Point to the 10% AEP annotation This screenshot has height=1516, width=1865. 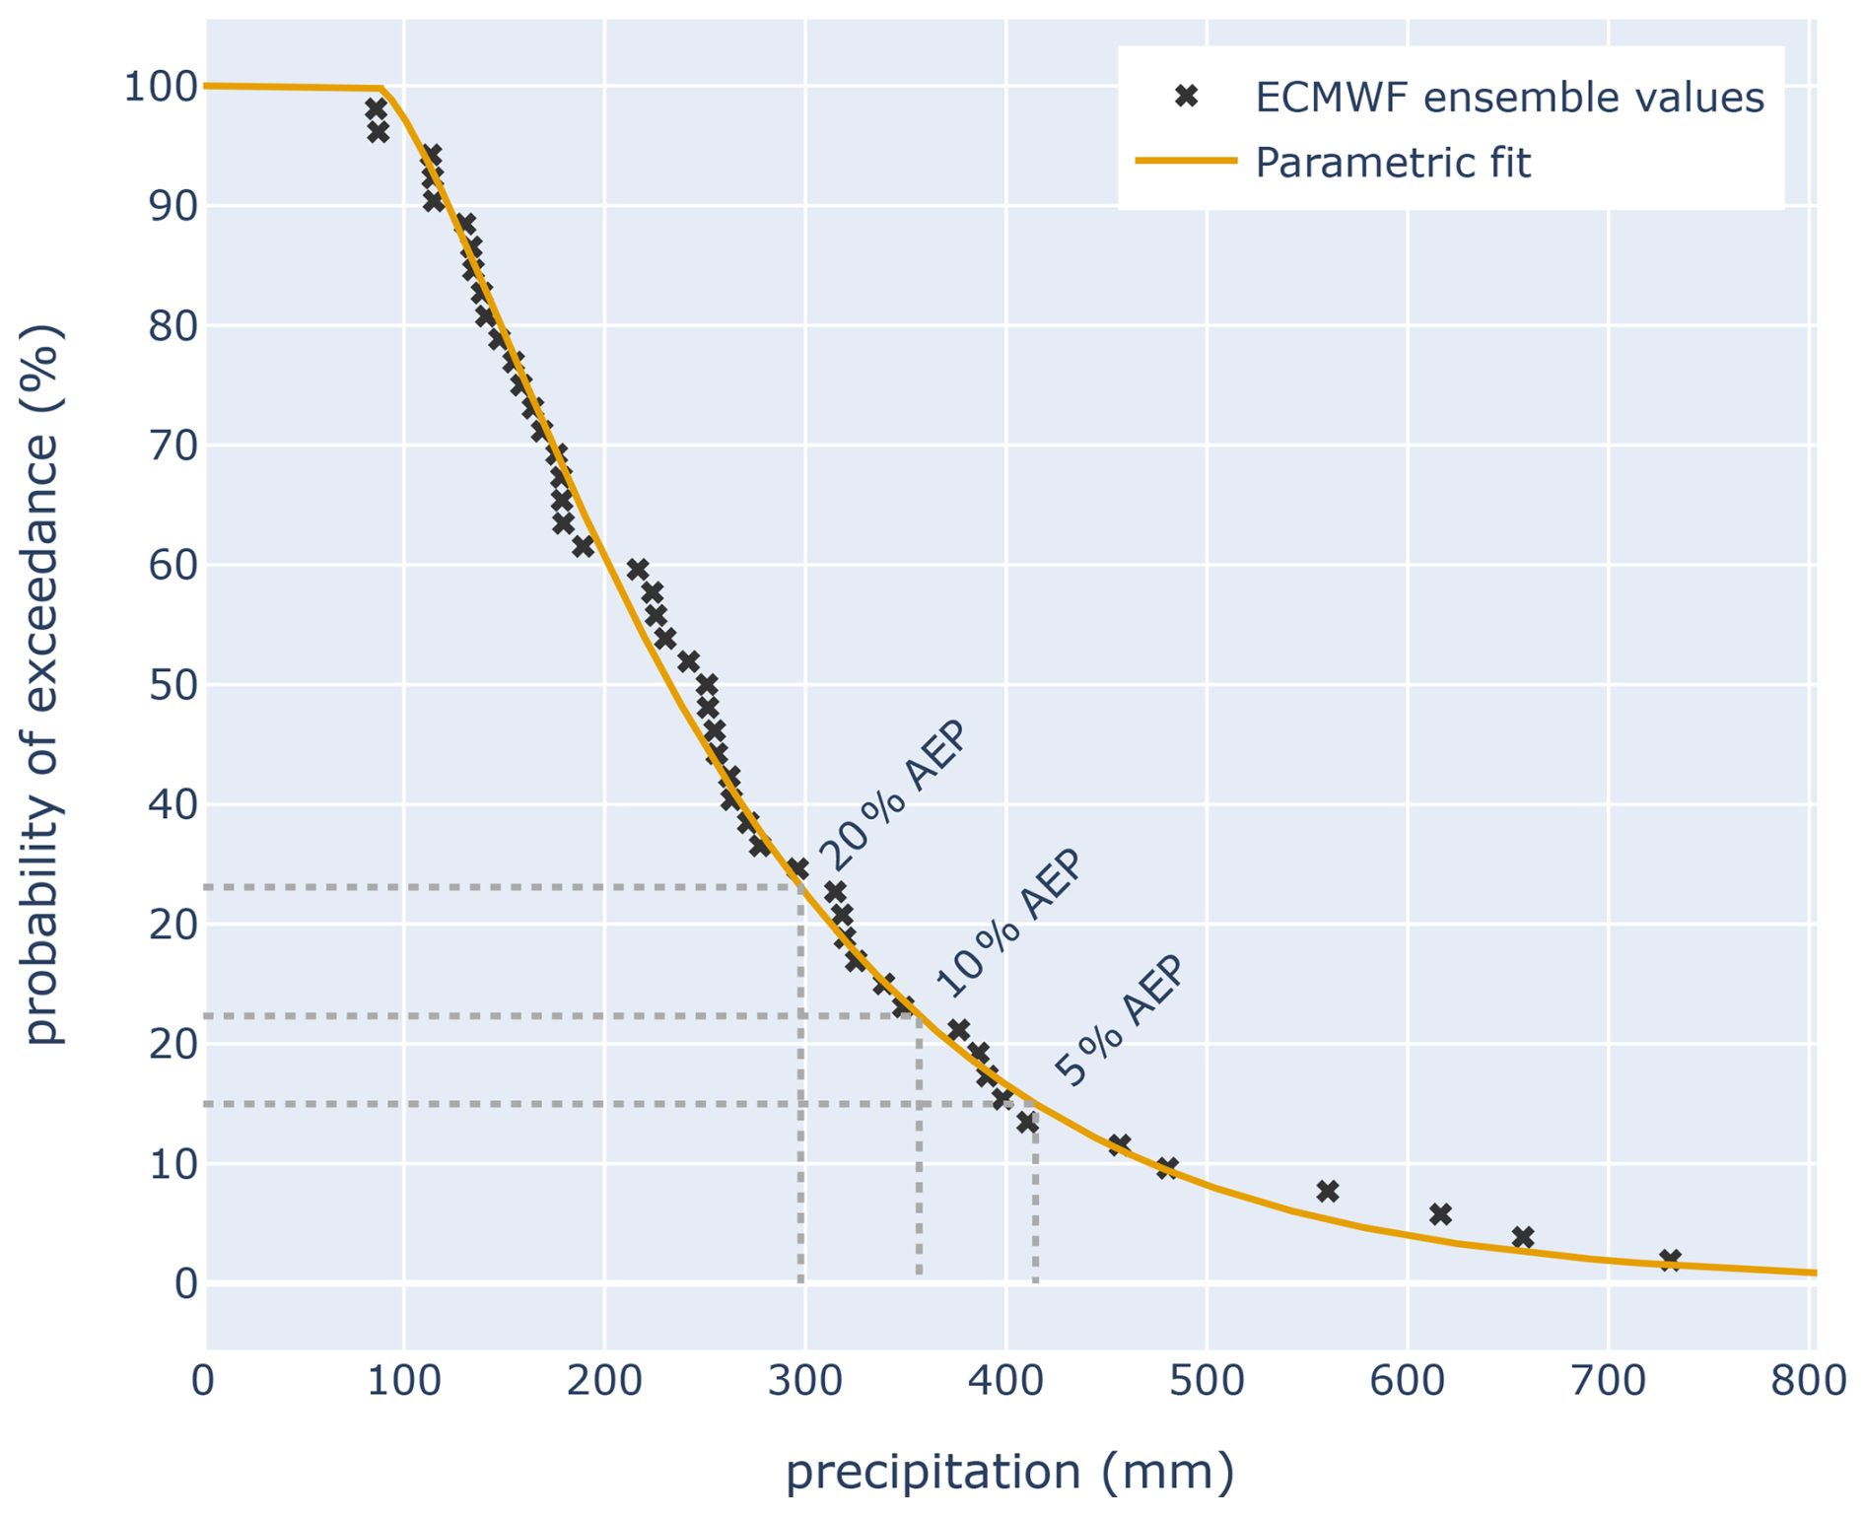click(1008, 923)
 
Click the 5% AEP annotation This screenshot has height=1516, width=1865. click(1119, 1021)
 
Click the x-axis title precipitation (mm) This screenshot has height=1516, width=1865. click(1009, 1472)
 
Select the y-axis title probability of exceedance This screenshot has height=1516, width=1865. click(43, 684)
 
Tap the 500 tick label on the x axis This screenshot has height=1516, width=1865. click(1207, 1381)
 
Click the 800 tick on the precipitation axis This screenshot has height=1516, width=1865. click(1808, 1381)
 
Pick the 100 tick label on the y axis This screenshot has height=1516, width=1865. click(160, 87)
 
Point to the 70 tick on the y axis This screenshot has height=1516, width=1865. click(173, 446)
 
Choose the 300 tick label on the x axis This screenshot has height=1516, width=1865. click(805, 1381)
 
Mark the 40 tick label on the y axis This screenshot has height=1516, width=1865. click(173, 804)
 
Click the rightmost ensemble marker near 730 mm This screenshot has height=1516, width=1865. click(1670, 1260)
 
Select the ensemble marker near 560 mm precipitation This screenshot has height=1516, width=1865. click(1328, 1191)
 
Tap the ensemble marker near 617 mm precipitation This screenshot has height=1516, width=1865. click(1440, 1214)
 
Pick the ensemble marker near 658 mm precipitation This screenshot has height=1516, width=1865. click(1523, 1237)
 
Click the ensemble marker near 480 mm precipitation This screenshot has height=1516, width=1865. click(1167, 1168)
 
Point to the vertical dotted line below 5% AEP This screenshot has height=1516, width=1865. click(1035, 1203)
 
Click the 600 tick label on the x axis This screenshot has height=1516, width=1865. click(1407, 1381)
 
